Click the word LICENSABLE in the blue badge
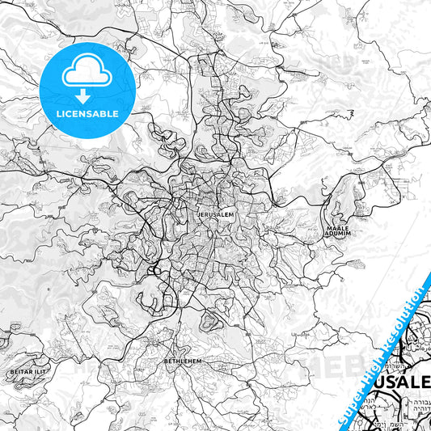(87, 113)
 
